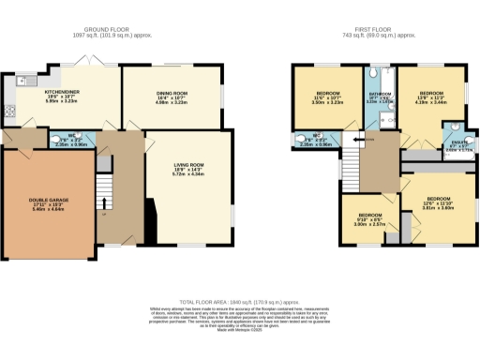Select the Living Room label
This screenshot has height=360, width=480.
coord(188,170)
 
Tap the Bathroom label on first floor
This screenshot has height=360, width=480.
coord(378,97)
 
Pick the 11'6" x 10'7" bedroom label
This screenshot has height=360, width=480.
coord(327,97)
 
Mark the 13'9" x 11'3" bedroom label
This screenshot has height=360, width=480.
coord(430,97)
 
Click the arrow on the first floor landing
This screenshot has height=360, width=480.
coord(370,140)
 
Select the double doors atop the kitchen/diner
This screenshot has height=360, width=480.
coord(88,59)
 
